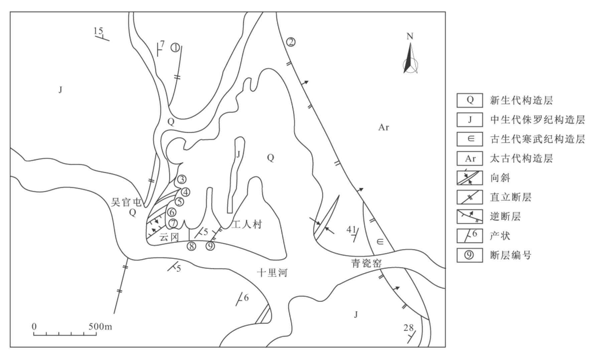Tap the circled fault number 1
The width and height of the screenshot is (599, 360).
click(175, 48)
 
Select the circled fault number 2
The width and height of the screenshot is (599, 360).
click(291, 42)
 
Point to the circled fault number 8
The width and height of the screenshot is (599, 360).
click(191, 246)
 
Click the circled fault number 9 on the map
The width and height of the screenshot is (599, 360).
click(210, 246)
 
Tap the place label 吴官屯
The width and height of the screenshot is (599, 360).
click(126, 202)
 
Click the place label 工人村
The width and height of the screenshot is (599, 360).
click(247, 224)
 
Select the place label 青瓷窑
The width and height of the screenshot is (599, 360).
click(366, 263)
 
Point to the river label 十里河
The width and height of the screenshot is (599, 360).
click(272, 273)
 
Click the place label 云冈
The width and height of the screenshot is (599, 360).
click(169, 237)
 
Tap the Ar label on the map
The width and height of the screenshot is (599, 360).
click(384, 127)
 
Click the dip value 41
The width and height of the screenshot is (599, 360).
click(351, 229)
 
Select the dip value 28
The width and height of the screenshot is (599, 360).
click(408, 328)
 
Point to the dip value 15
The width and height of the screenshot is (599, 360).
click(98, 31)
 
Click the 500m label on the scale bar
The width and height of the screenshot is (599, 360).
click(100, 326)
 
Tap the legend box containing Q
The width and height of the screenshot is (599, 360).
click(470, 100)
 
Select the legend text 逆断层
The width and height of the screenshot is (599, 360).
click(505, 217)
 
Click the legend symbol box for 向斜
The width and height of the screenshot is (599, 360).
click(470, 178)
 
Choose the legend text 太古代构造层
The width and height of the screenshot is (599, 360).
click(521, 158)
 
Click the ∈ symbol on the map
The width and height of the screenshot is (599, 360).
click(380, 241)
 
